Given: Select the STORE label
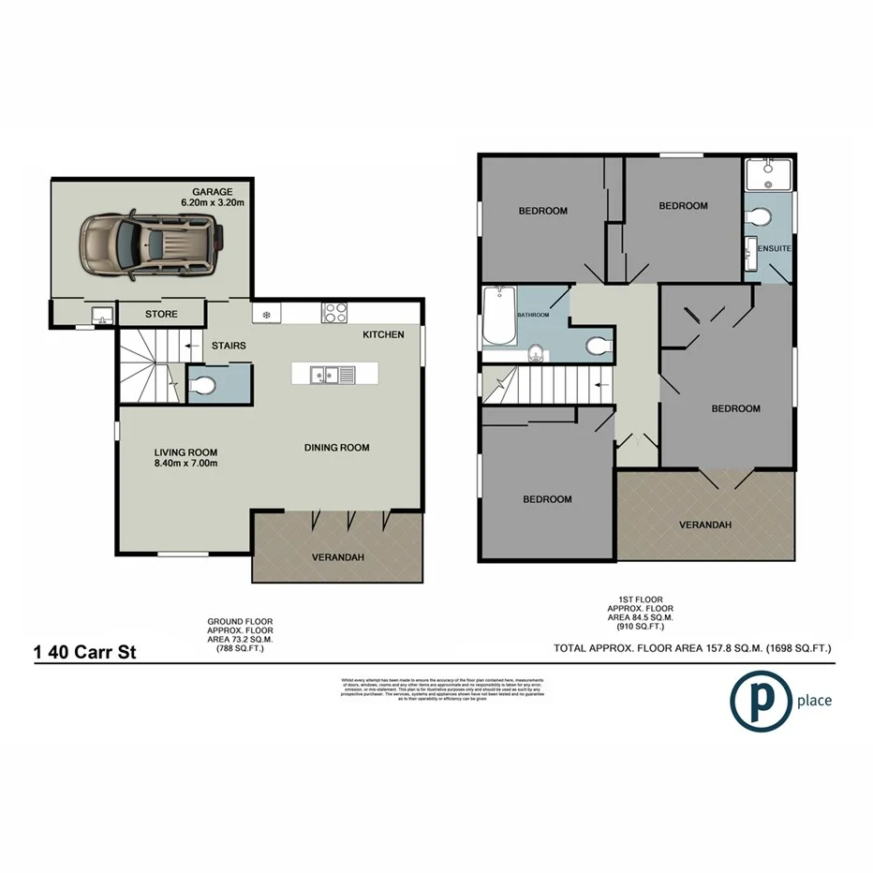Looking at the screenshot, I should [161, 314].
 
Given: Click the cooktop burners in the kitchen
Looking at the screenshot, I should [335, 314].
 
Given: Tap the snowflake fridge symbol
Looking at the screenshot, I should [266, 314].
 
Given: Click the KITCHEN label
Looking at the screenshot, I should [384, 334].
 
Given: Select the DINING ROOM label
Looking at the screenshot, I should [336, 448].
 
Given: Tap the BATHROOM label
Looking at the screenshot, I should [535, 316].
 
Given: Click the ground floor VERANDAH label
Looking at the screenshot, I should [338, 557].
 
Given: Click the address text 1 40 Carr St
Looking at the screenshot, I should [85, 652].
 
